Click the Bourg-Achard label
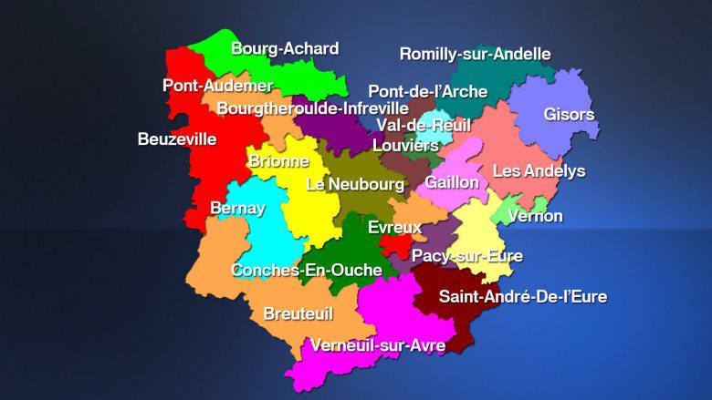285,49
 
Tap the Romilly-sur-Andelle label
475,54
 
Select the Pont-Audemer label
218,86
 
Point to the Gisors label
569,115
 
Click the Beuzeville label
177,139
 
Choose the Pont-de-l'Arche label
427,90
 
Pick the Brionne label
278,161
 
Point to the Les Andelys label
539,170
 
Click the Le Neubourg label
355,184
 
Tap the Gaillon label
452,182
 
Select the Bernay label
237,208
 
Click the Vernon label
535,216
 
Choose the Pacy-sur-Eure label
466,256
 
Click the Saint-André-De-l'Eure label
522,296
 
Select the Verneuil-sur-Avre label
377,345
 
